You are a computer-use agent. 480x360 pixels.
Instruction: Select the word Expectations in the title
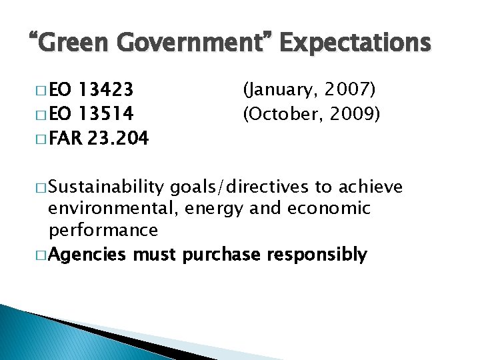coord(356,43)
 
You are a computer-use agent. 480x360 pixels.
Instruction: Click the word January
coord(280,89)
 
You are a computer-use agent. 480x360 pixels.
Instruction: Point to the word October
coord(279,114)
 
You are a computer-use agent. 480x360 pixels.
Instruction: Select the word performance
coord(104,231)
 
